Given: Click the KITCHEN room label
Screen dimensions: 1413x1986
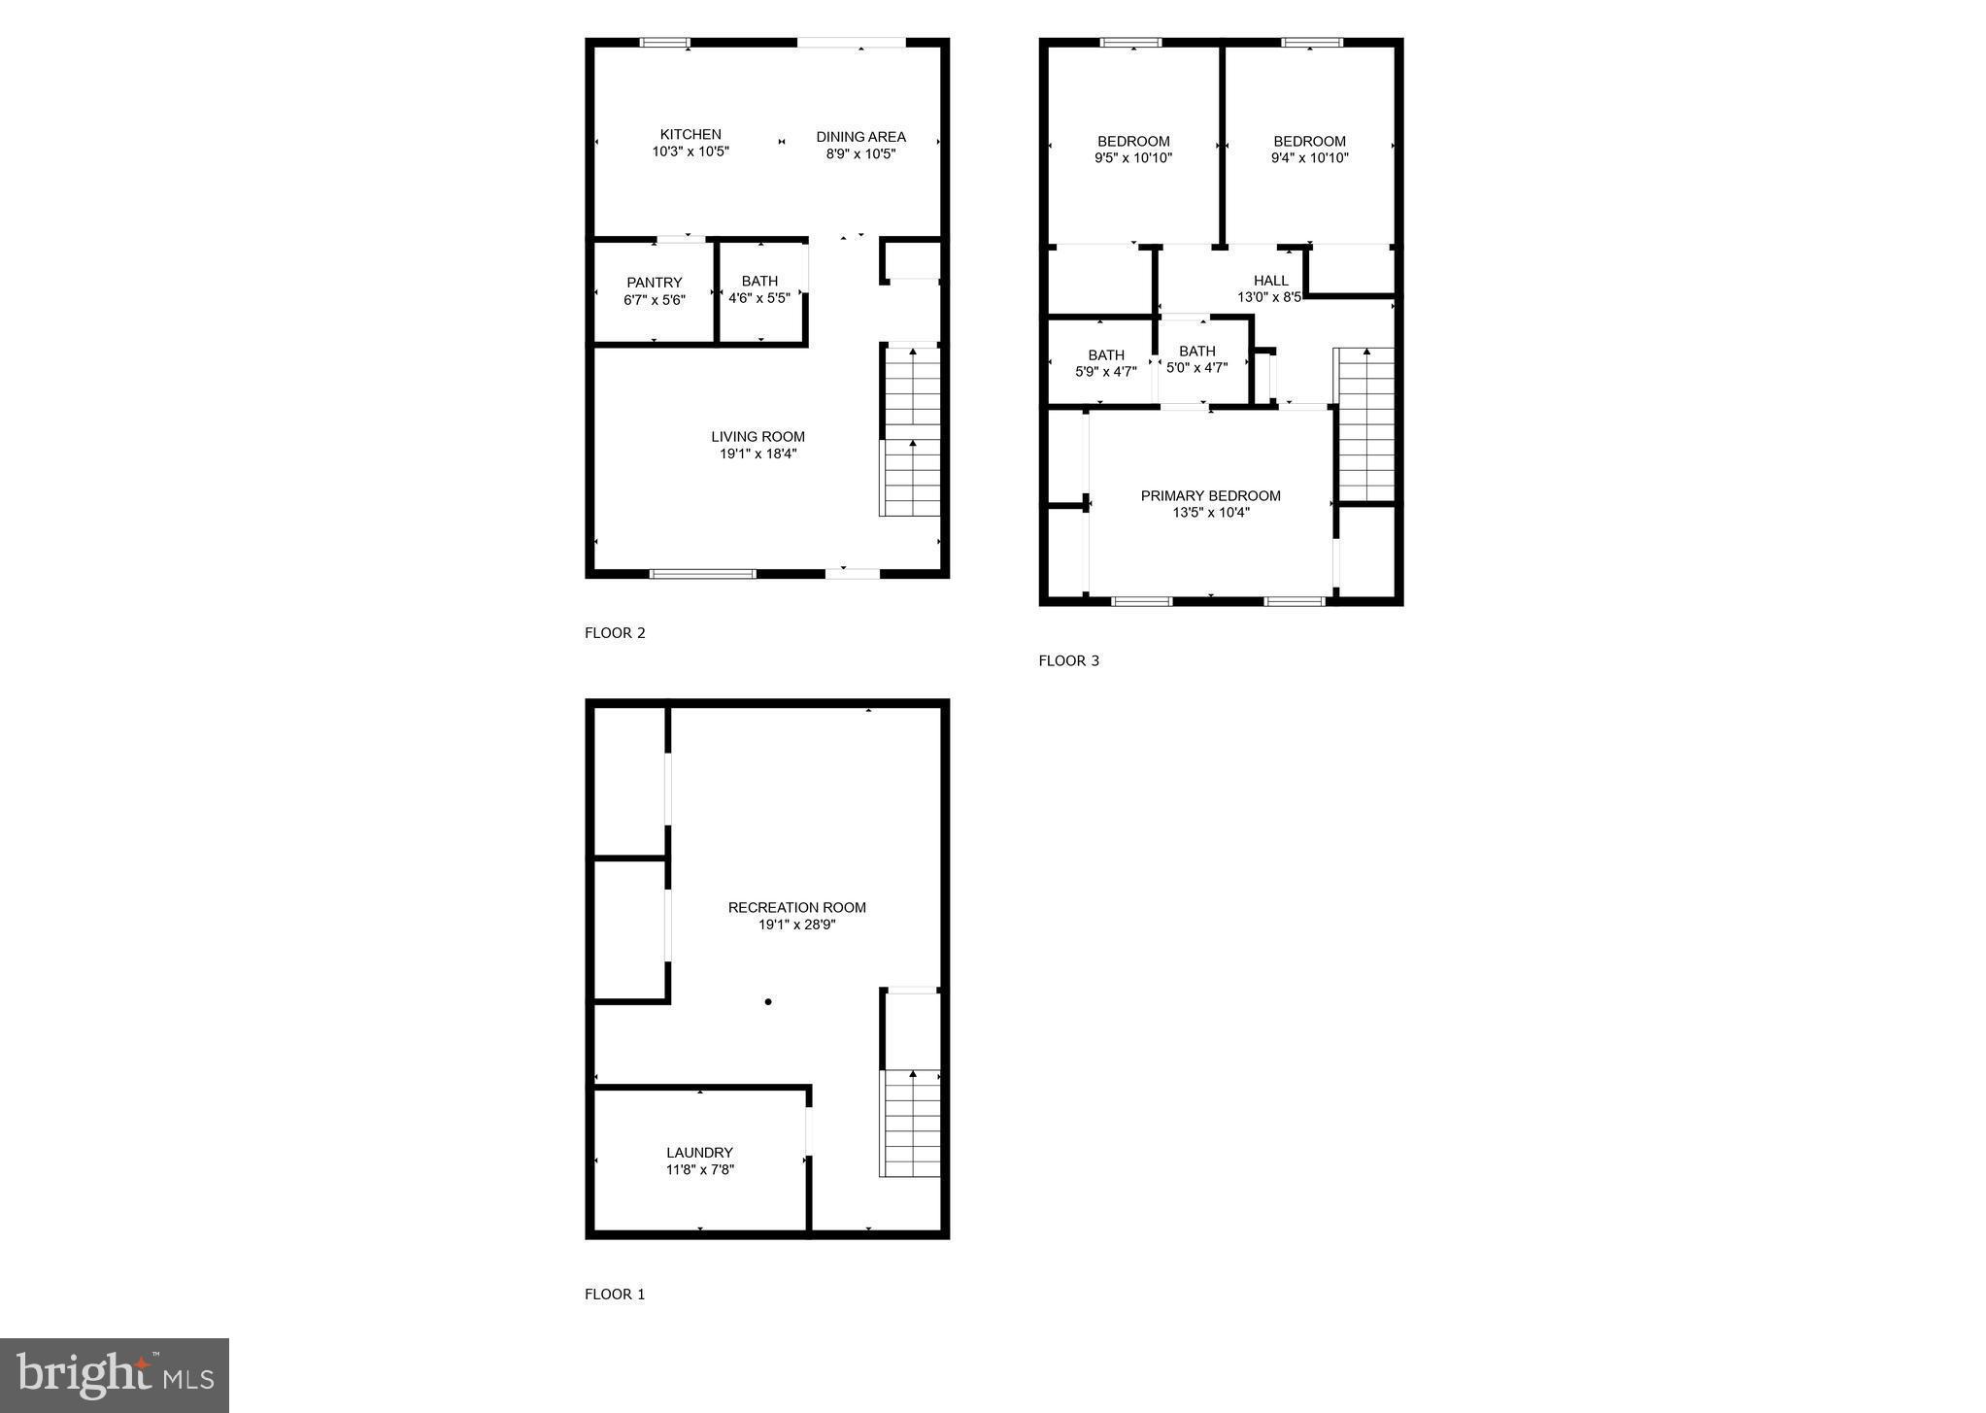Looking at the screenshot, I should [x=690, y=135].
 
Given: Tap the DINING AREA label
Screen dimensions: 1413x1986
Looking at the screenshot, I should [x=860, y=137].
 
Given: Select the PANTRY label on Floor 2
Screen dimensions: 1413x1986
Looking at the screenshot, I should [x=655, y=283].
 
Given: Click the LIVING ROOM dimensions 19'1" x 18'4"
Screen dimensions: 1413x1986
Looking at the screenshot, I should [x=757, y=454].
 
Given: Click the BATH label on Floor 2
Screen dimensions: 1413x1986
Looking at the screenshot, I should [x=759, y=282].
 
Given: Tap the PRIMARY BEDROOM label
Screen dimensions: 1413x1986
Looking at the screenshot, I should [x=1210, y=496].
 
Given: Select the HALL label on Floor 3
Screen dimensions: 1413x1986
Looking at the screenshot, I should [x=1270, y=281].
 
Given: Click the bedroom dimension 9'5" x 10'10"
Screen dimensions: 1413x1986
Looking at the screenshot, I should [x=1133, y=157].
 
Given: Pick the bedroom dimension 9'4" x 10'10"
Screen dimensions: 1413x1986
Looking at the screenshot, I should [x=1309, y=157].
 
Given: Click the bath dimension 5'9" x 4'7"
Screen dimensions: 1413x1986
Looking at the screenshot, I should [x=1105, y=372].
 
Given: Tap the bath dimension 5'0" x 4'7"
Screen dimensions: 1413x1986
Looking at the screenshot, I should [x=1196, y=368].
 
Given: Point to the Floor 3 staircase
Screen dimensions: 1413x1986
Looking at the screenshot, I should [x=1366, y=423].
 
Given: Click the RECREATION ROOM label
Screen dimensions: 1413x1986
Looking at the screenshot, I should [x=796, y=908].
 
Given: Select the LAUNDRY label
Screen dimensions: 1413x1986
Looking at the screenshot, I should [x=699, y=1153].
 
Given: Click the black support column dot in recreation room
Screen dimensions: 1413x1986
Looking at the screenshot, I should [x=768, y=1001].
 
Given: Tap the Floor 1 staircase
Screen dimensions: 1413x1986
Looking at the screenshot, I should [x=911, y=1123].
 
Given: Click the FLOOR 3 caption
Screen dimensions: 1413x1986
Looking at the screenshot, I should [x=1068, y=661].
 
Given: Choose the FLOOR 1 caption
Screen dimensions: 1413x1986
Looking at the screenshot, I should [x=615, y=1295].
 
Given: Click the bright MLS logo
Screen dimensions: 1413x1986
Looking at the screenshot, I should [x=115, y=1375].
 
